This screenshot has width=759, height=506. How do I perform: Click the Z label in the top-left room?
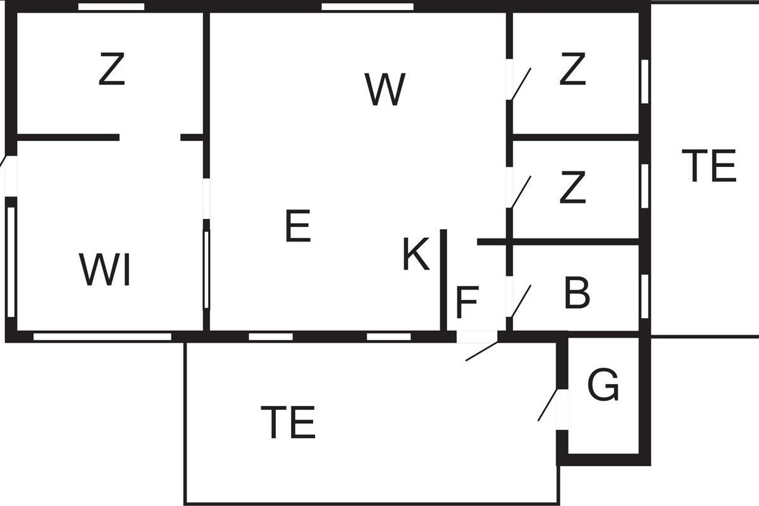click(112, 69)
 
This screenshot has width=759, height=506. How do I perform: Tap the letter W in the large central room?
click(385, 89)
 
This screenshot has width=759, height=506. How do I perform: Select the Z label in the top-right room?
click(572, 69)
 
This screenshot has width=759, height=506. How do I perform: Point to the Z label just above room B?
click(572, 187)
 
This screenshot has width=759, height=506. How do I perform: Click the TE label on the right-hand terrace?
click(709, 166)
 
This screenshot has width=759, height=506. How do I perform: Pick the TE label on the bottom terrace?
click(288, 423)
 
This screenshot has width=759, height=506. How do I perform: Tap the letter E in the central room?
click(298, 226)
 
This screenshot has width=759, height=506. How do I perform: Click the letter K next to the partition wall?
click(416, 254)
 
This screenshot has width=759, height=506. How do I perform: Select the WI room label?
click(105, 270)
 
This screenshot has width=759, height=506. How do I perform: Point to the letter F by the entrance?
click(467, 302)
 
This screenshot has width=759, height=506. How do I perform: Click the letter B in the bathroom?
click(577, 292)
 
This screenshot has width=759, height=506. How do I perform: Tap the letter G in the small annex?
click(603, 385)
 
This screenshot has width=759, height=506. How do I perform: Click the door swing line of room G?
click(548, 405)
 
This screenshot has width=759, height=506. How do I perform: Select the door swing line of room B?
click(521, 301)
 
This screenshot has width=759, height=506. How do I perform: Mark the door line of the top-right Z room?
click(521, 83)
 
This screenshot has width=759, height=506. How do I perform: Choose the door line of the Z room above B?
click(521, 192)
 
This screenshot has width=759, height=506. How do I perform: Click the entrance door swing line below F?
click(482, 351)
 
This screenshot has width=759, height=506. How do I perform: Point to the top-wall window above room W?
click(367, 7)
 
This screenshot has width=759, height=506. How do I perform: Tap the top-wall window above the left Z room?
click(111, 7)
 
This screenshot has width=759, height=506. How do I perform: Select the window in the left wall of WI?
click(11, 262)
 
